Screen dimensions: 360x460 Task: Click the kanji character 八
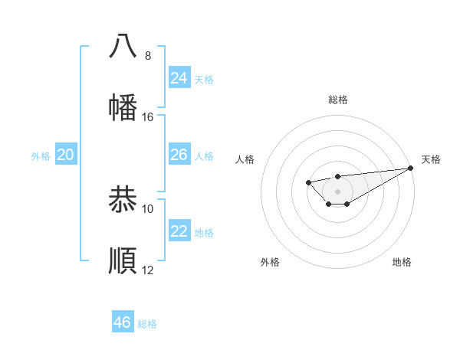[x=123, y=46]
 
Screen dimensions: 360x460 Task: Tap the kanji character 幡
[x=123, y=107]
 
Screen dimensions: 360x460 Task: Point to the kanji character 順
[x=123, y=260]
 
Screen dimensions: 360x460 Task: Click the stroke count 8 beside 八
[x=148, y=56]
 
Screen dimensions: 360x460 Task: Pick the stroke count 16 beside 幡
[x=148, y=117]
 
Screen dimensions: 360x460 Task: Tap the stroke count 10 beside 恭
[x=148, y=209]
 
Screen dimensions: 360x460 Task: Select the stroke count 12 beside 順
[x=148, y=270]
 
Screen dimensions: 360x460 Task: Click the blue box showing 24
[x=179, y=78]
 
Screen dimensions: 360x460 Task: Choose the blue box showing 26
[x=179, y=155]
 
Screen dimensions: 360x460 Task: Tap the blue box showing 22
[x=179, y=231]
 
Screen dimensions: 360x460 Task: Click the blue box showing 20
[x=66, y=155]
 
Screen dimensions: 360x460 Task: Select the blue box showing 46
[x=123, y=322]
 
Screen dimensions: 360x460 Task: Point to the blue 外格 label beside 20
[x=41, y=156]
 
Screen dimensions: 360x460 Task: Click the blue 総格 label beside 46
[x=147, y=324]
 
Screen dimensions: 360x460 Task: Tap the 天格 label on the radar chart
[x=432, y=159]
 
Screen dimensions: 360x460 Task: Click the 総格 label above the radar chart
[x=338, y=100]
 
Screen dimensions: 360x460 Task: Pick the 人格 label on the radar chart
[x=245, y=159]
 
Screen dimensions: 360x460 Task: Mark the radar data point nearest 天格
[x=411, y=169]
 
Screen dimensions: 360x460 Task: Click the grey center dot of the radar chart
[x=337, y=191]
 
